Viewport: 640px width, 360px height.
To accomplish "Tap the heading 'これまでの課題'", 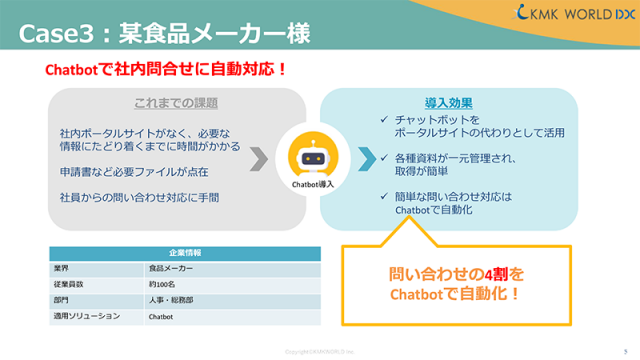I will (176, 103).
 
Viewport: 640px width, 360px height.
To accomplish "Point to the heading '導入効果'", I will (448, 103).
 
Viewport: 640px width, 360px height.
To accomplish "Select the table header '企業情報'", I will (184, 253).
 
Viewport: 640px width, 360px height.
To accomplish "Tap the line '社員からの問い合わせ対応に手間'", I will (139, 197).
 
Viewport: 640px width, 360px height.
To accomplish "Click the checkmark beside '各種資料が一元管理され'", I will (385, 157).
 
